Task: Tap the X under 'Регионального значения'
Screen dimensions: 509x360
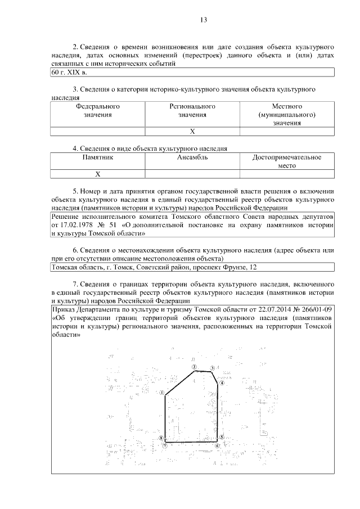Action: [x=192, y=132]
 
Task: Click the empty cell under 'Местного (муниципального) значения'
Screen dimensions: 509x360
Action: [x=287, y=132]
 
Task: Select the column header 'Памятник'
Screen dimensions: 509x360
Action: [x=98, y=158]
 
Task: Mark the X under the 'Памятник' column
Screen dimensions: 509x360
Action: [x=98, y=174]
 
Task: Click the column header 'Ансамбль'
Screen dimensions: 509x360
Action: [x=192, y=158]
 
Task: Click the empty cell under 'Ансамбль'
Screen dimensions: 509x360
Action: [x=192, y=174]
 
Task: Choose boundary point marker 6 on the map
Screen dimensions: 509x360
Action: [x=217, y=445]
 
